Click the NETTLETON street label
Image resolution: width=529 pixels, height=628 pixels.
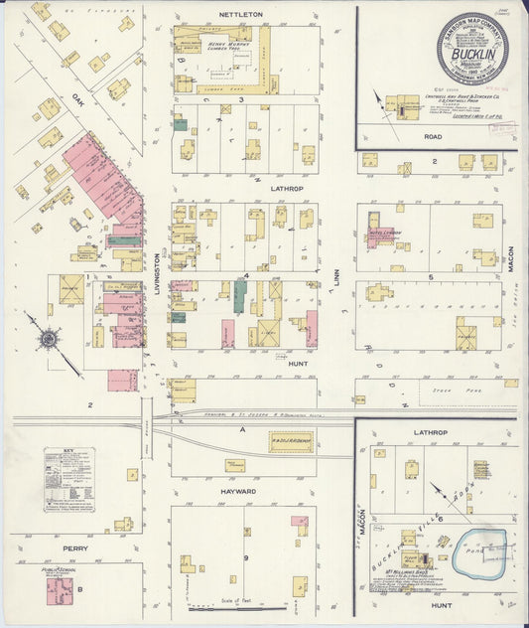[x=240, y=16]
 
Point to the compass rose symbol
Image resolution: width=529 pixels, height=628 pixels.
[x=46, y=339]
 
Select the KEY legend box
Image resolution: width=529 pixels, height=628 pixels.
[x=68, y=479]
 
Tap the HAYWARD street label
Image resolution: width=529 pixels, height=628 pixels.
[x=238, y=491]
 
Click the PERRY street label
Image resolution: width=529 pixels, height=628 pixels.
[x=75, y=548]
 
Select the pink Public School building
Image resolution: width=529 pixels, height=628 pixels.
[x=60, y=591]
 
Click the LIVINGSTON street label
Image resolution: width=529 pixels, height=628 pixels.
[x=158, y=270]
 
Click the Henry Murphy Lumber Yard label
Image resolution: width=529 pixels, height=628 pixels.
[x=227, y=46]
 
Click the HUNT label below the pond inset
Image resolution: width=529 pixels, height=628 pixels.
[x=442, y=604]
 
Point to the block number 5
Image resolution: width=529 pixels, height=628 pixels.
[x=430, y=276]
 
